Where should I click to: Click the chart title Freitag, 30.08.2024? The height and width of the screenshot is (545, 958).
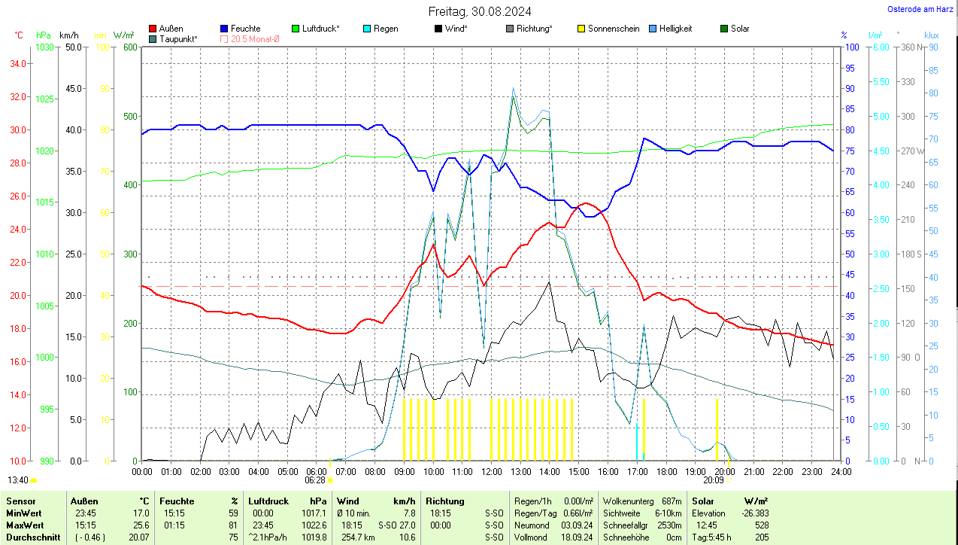point(479,11)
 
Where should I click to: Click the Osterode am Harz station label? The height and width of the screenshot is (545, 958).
point(920,9)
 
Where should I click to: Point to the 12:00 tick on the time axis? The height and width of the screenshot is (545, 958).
point(491,472)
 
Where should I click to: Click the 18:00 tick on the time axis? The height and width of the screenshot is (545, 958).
point(665,472)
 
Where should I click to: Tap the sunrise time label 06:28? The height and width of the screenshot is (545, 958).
point(315,480)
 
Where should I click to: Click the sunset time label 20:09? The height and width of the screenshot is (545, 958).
point(714,480)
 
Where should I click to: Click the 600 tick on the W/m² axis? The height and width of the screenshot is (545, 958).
point(130,47)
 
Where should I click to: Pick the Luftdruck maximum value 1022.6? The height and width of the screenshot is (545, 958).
point(317,525)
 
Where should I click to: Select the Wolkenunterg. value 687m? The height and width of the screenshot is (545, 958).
point(672,501)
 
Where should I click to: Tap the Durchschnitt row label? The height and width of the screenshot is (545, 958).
point(30,537)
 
